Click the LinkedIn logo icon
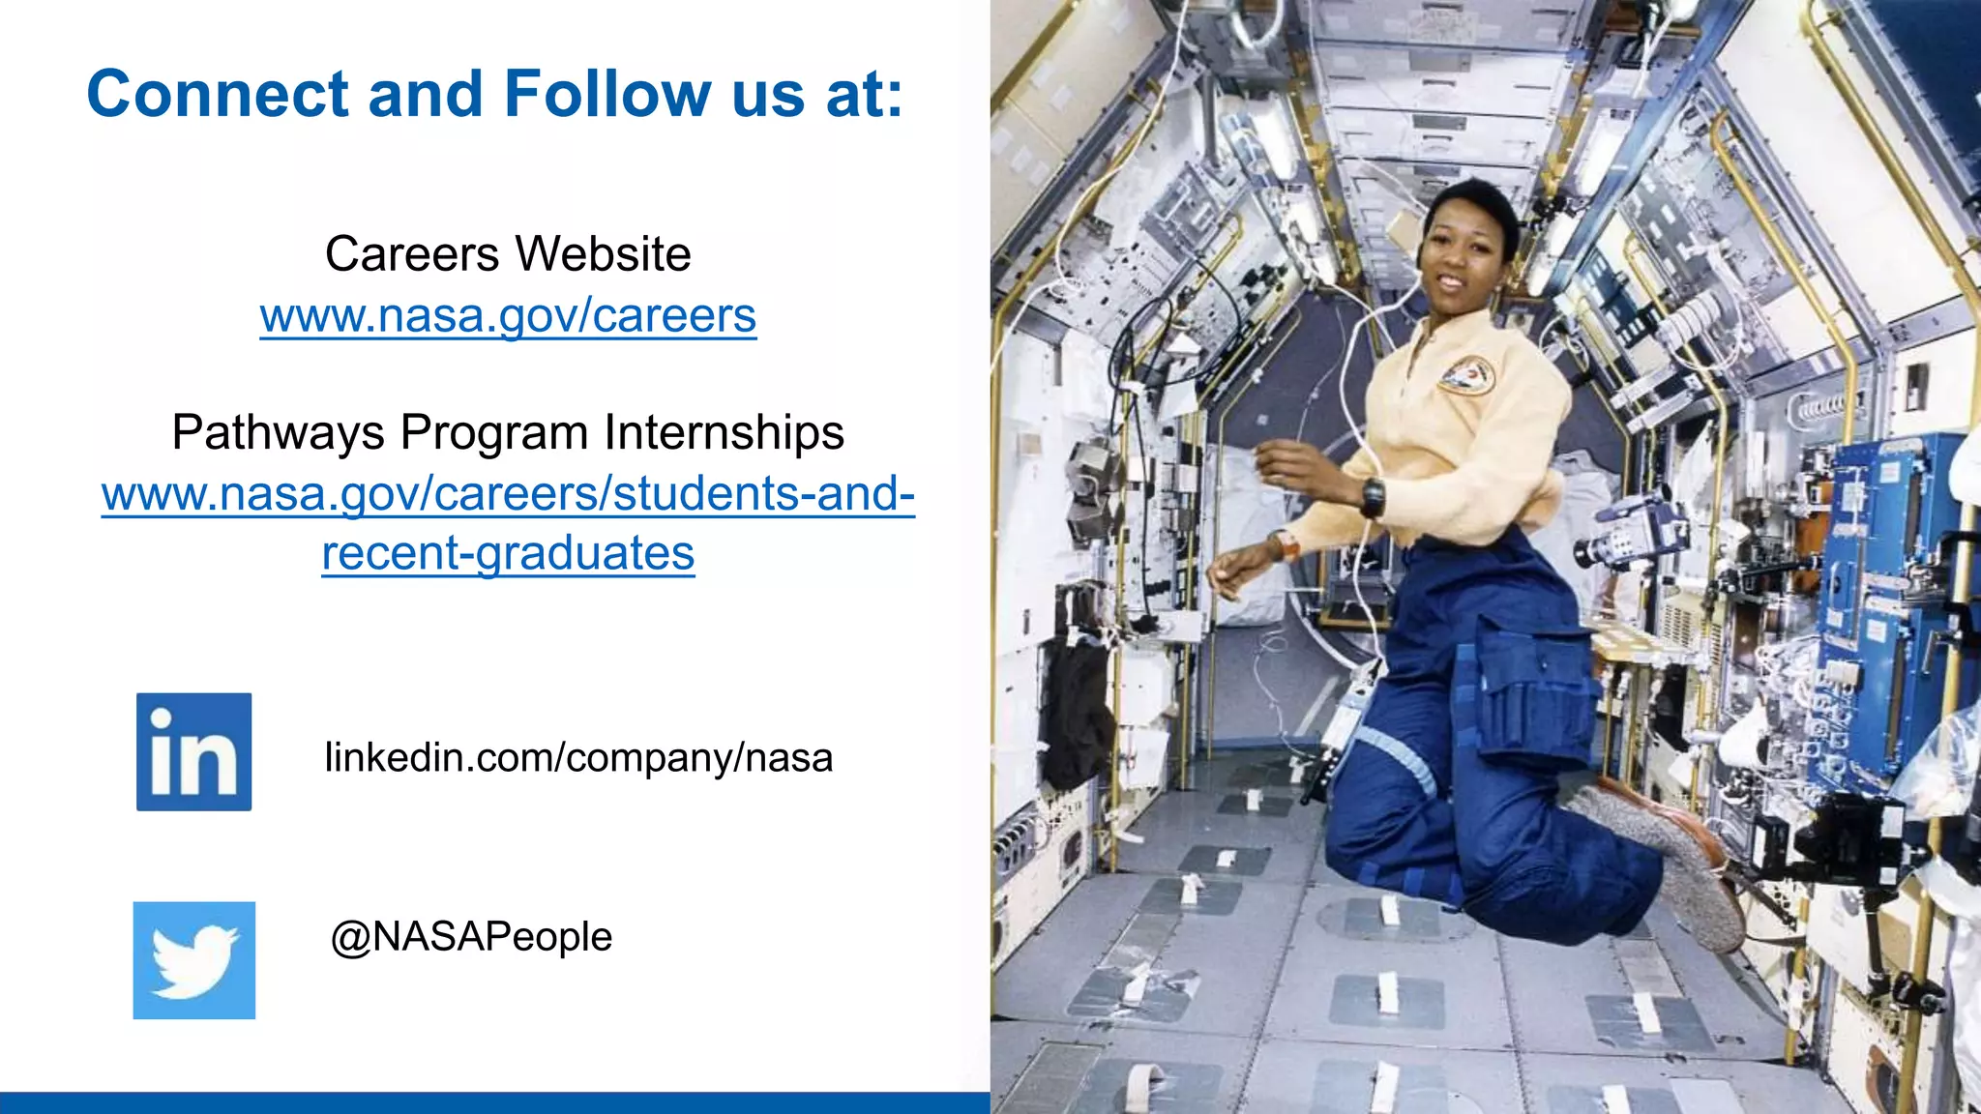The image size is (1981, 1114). tap(193, 751)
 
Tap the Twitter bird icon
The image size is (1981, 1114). tap(193, 960)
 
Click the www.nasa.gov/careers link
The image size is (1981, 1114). tap(508, 315)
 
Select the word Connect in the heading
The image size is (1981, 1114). tap(218, 94)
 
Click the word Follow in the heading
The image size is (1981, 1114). tap(607, 94)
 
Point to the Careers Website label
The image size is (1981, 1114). tap(508, 254)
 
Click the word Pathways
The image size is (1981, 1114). tap(279, 432)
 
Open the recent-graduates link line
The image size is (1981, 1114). tap(508, 553)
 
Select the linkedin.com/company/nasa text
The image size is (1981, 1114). tap(578, 757)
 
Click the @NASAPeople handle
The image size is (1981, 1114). tap(471, 936)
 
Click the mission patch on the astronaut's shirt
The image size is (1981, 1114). tap(1465, 374)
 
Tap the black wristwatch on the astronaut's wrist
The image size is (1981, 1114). tap(1373, 498)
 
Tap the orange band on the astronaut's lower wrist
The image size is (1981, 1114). tap(1287, 546)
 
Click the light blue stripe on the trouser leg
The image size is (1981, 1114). tap(1393, 759)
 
